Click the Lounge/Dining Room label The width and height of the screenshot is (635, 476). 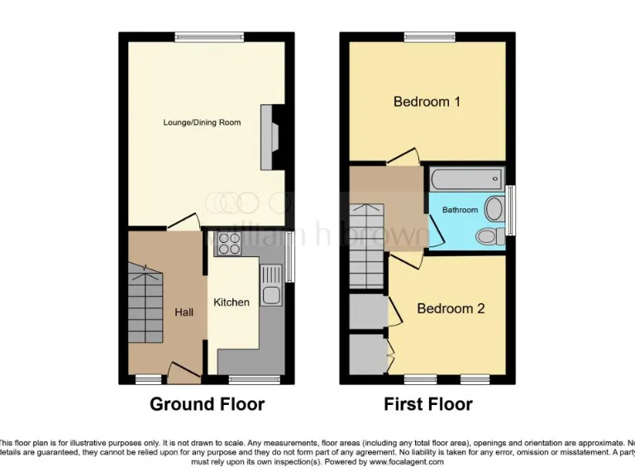point(202,122)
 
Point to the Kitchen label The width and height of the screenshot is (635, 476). point(232,302)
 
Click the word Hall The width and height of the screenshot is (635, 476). point(184,312)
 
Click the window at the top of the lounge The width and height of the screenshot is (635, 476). point(208,36)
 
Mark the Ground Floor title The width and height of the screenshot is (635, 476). point(207,404)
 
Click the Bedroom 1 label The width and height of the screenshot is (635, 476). point(427,102)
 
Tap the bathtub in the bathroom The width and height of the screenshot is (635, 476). point(466,177)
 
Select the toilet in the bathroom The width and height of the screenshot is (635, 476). point(490,237)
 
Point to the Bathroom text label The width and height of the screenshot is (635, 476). point(460,210)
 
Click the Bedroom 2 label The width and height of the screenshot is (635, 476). point(451,308)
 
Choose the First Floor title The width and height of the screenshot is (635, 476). point(427,404)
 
